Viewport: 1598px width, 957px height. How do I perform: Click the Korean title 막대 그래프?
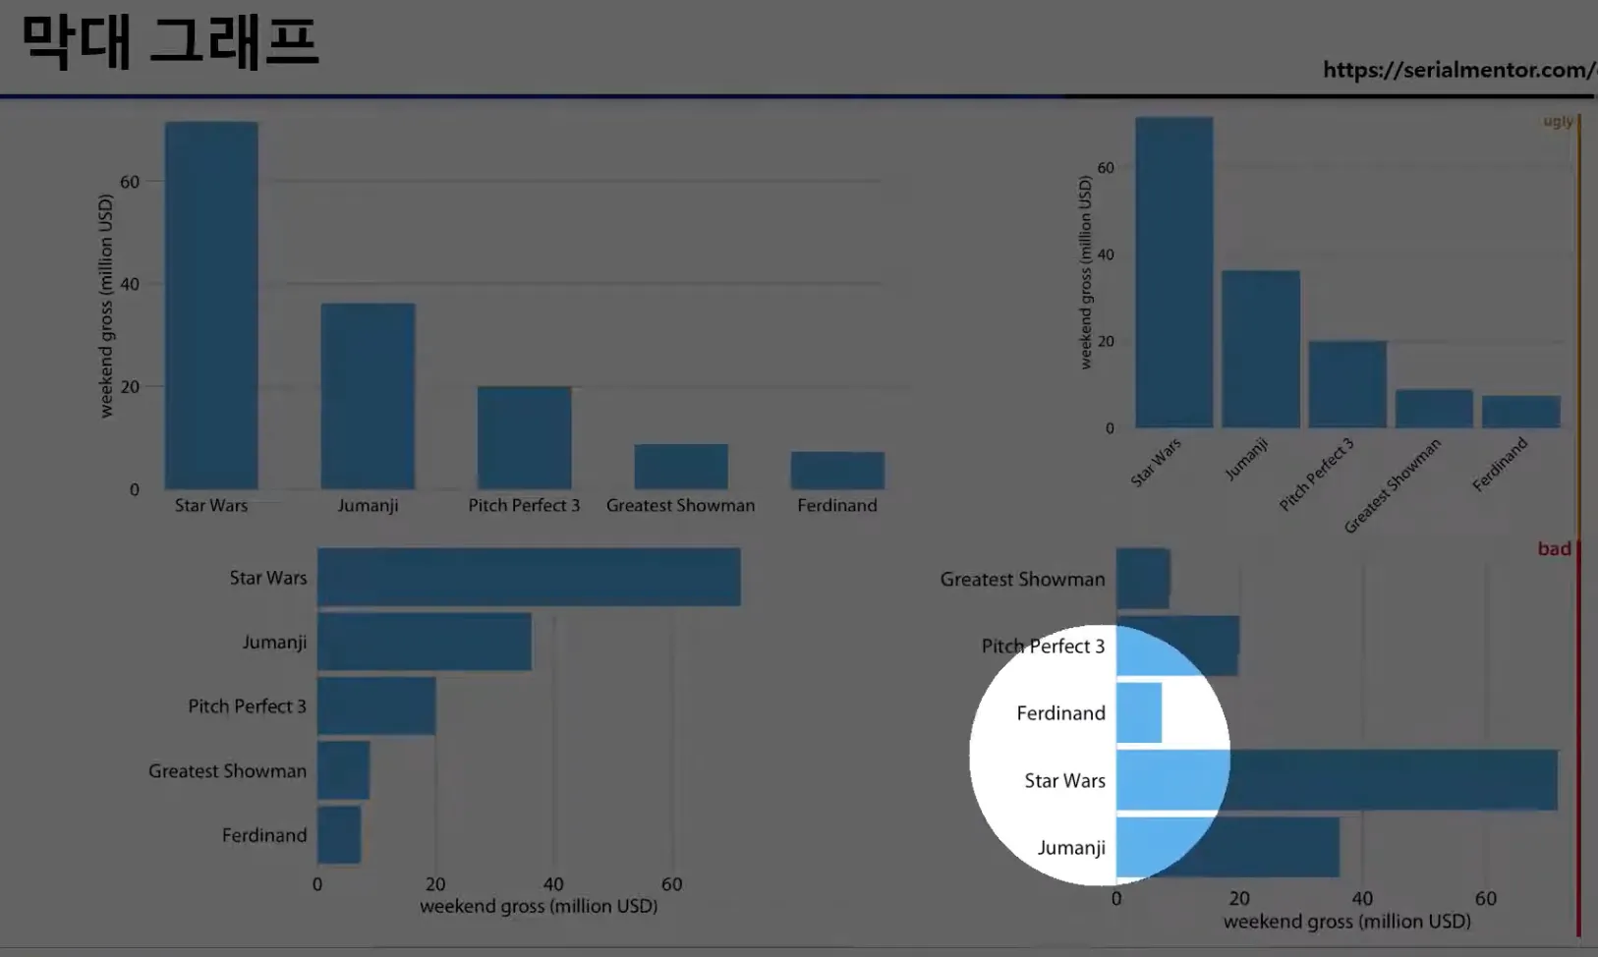pyautogui.click(x=170, y=43)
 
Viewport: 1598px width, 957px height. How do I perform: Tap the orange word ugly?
pyautogui.click(x=1557, y=121)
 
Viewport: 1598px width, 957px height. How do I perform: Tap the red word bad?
pyautogui.click(x=1554, y=548)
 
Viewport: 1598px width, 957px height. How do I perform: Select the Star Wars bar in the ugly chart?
pyautogui.click(x=1173, y=273)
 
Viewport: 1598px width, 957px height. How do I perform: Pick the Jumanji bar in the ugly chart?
pyautogui.click(x=1260, y=349)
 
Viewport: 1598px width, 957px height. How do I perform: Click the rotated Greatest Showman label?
pyautogui.click(x=1393, y=485)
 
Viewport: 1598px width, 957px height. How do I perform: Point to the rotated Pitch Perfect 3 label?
pyautogui.click(x=1317, y=474)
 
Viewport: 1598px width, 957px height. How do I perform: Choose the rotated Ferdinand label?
pyautogui.click(x=1500, y=464)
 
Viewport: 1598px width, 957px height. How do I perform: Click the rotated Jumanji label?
pyautogui.click(x=1246, y=459)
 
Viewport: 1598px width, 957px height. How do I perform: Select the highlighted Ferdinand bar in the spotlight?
pyautogui.click(x=1139, y=712)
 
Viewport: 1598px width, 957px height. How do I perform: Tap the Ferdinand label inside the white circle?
pyautogui.click(x=1060, y=713)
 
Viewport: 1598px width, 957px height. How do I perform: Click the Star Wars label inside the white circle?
pyautogui.click(x=1064, y=781)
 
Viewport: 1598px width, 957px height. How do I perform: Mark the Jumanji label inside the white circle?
pyautogui.click(x=1071, y=848)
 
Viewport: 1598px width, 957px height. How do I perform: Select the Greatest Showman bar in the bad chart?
pyautogui.click(x=1143, y=579)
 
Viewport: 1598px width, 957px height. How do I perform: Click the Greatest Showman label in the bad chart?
pyautogui.click(x=1022, y=580)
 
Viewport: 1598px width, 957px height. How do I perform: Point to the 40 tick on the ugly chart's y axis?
pyautogui.click(x=1106, y=254)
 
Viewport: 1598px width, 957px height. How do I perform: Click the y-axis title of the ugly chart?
pyautogui.click(x=1085, y=272)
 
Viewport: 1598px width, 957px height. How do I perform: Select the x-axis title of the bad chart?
pyautogui.click(x=1346, y=922)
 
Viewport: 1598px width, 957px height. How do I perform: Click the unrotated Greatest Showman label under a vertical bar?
pyautogui.click(x=680, y=505)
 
